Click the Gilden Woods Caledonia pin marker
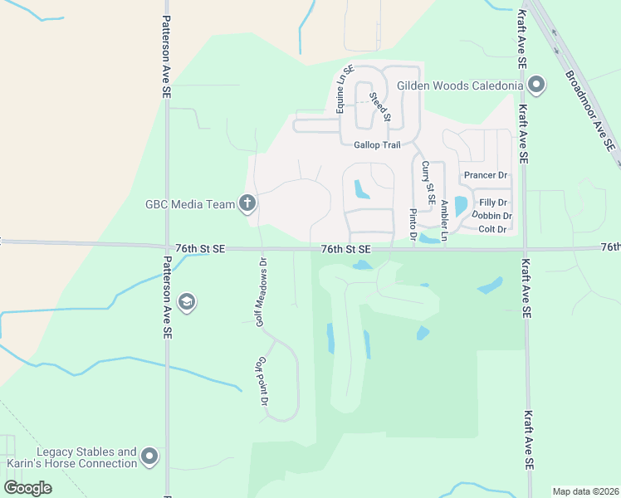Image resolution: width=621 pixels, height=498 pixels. [536, 85]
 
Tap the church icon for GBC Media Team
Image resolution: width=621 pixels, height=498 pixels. [247, 203]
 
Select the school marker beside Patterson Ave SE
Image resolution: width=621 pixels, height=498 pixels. [187, 302]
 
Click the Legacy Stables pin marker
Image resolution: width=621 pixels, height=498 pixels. [149, 456]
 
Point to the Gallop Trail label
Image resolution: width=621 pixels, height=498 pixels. [377, 144]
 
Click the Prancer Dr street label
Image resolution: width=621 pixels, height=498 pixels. [486, 175]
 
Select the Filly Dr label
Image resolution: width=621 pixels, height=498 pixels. [493, 203]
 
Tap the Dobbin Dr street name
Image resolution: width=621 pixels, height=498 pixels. [491, 216]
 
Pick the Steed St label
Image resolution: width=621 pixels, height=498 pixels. [379, 107]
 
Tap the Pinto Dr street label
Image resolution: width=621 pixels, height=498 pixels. [413, 225]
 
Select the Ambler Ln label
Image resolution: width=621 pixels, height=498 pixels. [445, 221]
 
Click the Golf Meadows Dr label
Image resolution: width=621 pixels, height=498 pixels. [261, 291]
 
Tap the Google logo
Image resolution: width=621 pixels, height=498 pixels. [27, 487]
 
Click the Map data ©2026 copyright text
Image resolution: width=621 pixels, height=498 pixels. [584, 491]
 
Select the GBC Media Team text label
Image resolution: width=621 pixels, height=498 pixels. [190, 203]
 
